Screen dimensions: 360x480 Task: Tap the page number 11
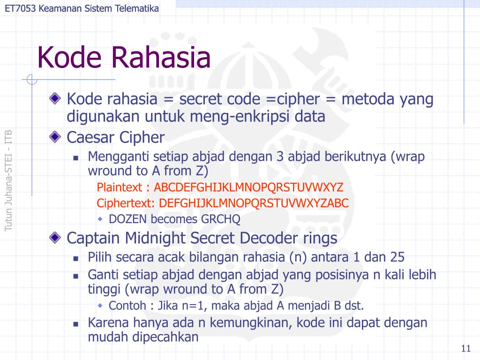tap(465, 348)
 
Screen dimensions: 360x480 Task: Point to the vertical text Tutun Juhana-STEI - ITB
tap(8, 180)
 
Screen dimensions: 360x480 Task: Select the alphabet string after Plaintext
tap(249, 187)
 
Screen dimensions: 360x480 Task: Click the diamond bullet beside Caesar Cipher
tap(56, 137)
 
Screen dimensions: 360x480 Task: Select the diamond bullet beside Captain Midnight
tap(56, 238)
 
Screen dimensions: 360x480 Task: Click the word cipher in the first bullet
tap(298, 99)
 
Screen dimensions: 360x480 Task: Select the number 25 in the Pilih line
tap(396, 257)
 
